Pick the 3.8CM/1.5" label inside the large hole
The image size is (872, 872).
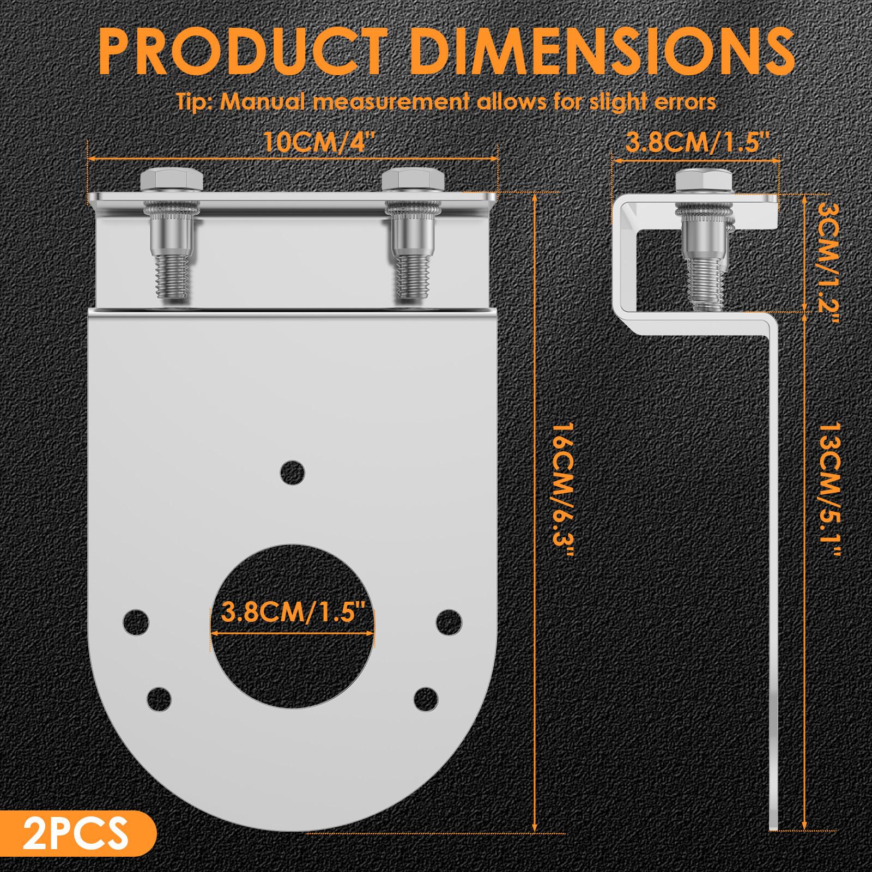pyautogui.click(x=293, y=611)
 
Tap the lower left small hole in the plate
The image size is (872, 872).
pyautogui.click(x=159, y=698)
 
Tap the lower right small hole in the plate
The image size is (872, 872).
pyautogui.click(x=426, y=698)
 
